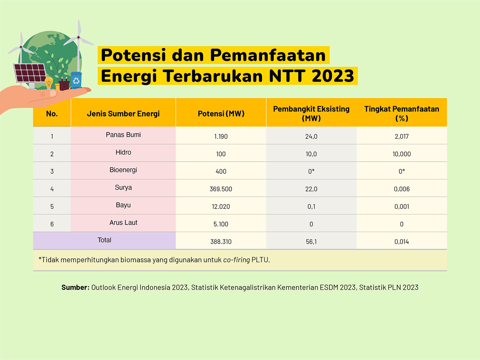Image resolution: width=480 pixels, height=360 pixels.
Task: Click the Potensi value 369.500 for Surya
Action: (220, 189)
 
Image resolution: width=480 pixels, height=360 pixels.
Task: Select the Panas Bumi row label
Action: (123, 135)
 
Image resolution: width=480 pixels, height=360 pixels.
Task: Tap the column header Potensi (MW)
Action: (221, 114)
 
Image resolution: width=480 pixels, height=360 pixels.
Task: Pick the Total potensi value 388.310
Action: (220, 241)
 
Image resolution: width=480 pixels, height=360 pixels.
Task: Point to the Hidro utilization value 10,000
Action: (401, 154)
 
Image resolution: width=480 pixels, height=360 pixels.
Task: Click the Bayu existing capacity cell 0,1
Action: (311, 207)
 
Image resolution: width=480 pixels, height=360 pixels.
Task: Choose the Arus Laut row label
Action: (123, 223)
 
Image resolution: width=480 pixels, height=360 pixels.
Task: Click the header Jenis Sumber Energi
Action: (123, 114)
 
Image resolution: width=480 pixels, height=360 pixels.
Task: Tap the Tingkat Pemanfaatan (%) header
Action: (401, 113)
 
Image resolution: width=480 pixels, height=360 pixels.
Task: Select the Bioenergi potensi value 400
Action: (221, 171)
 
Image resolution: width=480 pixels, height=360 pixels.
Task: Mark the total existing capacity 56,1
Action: (311, 241)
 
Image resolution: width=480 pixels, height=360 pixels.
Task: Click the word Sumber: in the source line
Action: (75, 287)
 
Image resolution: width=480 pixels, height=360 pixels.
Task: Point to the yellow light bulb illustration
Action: (49, 82)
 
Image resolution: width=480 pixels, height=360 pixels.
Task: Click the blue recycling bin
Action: (76, 80)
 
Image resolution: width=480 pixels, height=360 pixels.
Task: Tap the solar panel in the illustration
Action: (30, 73)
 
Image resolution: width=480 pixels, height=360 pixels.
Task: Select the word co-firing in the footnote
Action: (236, 260)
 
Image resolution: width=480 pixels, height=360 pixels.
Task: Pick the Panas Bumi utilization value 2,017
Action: (401, 136)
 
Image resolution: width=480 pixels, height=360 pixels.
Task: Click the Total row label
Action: (104, 240)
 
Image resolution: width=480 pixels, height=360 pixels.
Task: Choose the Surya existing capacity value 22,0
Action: (311, 189)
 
